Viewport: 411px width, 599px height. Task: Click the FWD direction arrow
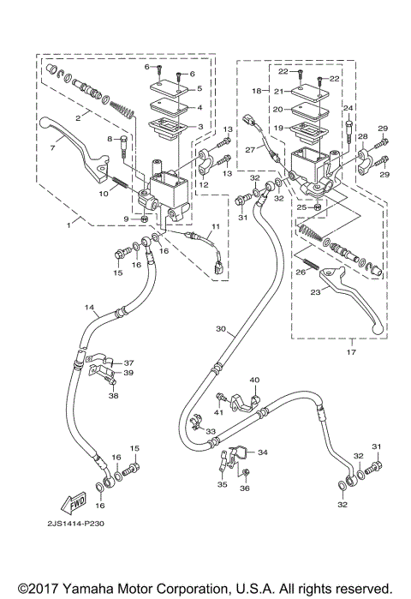click(x=63, y=502)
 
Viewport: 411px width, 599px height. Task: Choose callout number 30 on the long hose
click(x=221, y=329)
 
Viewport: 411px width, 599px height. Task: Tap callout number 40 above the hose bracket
click(x=253, y=380)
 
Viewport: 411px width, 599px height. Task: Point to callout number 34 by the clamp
click(x=262, y=452)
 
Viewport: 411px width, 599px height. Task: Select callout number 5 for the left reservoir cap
click(x=200, y=88)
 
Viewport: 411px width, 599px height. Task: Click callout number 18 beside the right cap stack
click(x=255, y=89)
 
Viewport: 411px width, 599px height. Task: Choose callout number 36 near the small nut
click(x=245, y=488)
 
